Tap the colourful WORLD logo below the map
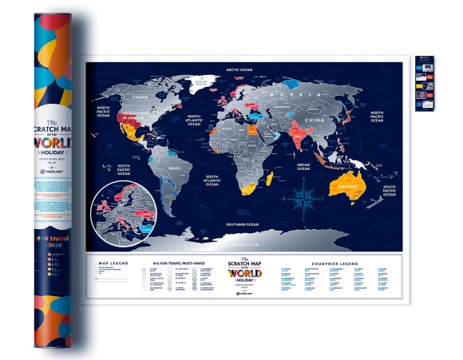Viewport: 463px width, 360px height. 244,273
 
